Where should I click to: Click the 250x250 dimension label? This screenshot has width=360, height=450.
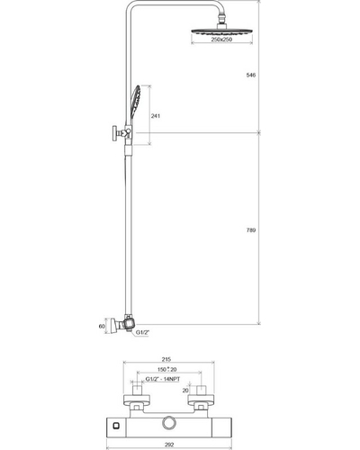pyautogui.click(x=221, y=40)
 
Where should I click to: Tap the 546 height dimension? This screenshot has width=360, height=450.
pyautogui.click(x=251, y=75)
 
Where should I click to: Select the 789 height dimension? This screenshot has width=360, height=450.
pyautogui.click(x=251, y=230)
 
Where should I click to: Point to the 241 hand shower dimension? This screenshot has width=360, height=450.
pyautogui.click(x=156, y=116)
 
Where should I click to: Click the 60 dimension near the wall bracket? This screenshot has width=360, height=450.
pyautogui.click(x=102, y=327)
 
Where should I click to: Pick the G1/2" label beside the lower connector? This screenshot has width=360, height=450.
pyautogui.click(x=143, y=332)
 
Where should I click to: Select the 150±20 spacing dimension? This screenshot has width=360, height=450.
pyautogui.click(x=166, y=369)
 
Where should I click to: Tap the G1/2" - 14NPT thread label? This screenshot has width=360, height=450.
pyautogui.click(x=163, y=379)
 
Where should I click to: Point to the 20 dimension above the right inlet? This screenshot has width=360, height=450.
pyautogui.click(x=185, y=391)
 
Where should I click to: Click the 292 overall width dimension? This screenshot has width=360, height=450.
pyautogui.click(x=169, y=445)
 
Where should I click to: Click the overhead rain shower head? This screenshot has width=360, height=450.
pyautogui.click(x=221, y=31)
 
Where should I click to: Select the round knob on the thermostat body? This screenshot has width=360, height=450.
pyautogui.click(x=170, y=423)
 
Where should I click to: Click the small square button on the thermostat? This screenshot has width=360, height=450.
pyautogui.click(x=115, y=426)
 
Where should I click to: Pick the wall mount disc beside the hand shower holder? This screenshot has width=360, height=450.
pyautogui.click(x=114, y=133)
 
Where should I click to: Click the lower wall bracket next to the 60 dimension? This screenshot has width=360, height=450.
pyautogui.click(x=112, y=326)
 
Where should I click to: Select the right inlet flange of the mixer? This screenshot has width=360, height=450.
pyautogui.click(x=201, y=400)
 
